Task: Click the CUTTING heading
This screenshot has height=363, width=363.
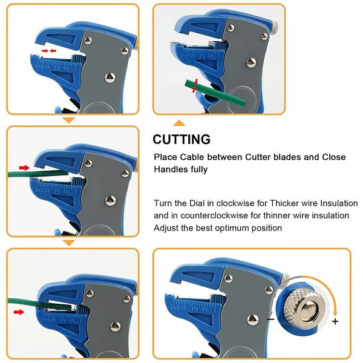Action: pyautogui.click(x=181, y=139)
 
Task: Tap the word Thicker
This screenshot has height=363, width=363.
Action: pyautogui.click(x=290, y=203)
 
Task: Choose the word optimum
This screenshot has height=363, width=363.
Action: pyautogui.click(x=229, y=228)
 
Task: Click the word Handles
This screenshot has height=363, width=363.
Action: pyautogui.click(x=171, y=169)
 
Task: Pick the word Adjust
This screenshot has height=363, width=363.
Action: pyautogui.click(x=167, y=228)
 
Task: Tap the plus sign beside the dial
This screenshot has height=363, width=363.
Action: pyautogui.click(x=335, y=321)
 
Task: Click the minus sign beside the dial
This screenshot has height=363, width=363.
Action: pyautogui.click(x=270, y=319)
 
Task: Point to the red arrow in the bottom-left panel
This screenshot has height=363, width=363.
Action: pyautogui.click(x=19, y=312)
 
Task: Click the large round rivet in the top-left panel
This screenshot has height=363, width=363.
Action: pyautogui.click(x=109, y=77)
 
